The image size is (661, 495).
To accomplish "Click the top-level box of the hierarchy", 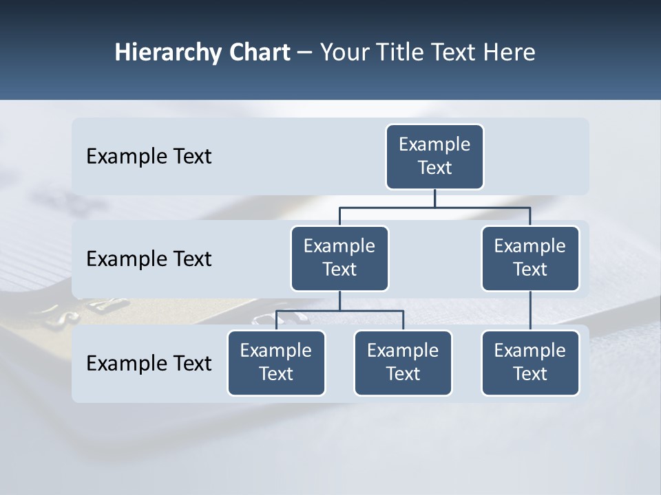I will click(x=434, y=157).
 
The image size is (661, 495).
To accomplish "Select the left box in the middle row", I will click(x=339, y=258).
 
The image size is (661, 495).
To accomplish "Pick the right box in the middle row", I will click(x=530, y=258).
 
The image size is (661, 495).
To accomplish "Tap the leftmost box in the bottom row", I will click(x=276, y=362).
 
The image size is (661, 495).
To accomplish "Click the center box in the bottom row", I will click(x=403, y=362).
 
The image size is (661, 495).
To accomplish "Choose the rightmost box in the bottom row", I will click(x=530, y=362).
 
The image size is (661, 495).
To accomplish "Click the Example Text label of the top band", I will click(x=149, y=157).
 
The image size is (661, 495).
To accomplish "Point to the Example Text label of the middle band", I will click(x=149, y=259).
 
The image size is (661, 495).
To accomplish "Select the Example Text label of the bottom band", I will click(x=149, y=363).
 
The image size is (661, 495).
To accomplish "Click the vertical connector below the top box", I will click(x=434, y=198).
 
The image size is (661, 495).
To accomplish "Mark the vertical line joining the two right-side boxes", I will click(x=530, y=311).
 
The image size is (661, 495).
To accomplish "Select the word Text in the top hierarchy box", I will click(x=434, y=168).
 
